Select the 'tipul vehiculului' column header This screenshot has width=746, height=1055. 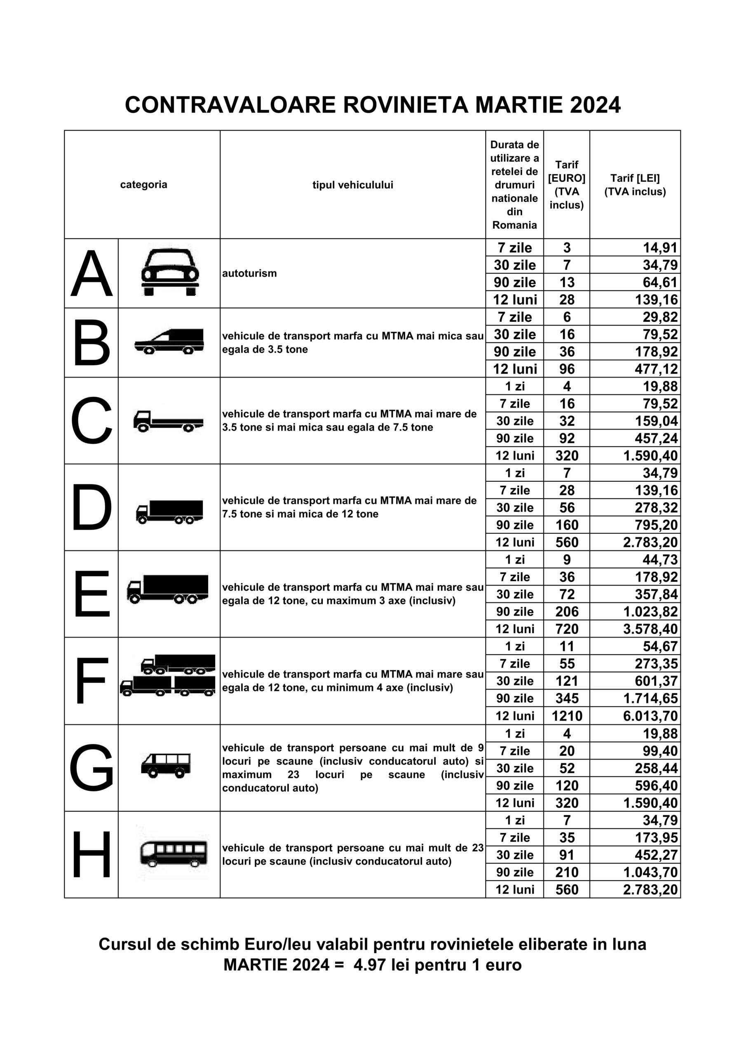pos(352,185)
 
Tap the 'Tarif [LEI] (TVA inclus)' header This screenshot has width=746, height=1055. pos(635,185)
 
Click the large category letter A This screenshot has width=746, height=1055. pos(91,274)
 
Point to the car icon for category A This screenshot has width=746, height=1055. pos(170,272)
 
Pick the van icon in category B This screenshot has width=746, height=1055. pos(169,342)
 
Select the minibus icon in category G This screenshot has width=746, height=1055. pos(165,765)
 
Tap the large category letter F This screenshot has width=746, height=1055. pos(91,680)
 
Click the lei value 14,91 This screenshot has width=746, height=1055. pos(659,248)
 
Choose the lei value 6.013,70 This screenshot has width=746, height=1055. pos(650,715)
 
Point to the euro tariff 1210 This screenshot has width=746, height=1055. pos(567,715)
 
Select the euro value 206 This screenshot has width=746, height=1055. pos(567,612)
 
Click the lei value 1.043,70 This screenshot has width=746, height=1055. pos(650,872)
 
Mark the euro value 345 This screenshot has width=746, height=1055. pos(567,699)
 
